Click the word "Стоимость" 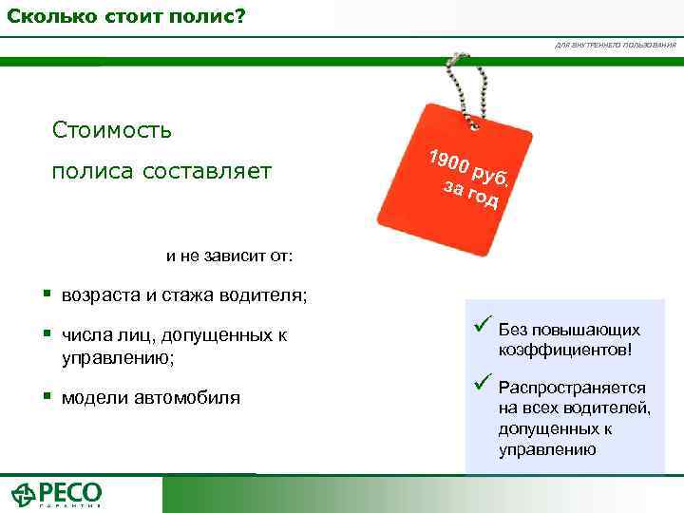(113, 129)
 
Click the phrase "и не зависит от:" (230, 255)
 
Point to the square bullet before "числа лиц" (46, 334)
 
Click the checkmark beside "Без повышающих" (481, 329)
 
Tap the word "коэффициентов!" (564, 350)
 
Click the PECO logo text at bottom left (69, 493)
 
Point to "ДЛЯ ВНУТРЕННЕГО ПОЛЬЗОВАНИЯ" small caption (616, 45)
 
